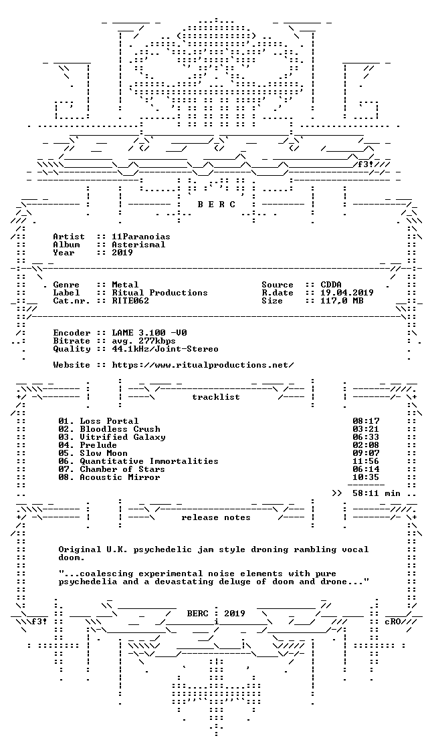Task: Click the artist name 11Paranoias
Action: click(141, 237)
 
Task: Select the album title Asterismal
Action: click(138, 245)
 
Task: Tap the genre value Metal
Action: click(125, 285)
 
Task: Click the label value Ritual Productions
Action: click(159, 293)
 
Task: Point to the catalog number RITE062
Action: click(130, 301)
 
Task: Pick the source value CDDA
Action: click(331, 285)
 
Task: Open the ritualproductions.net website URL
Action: click(203, 365)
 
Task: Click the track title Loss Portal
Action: click(109, 420)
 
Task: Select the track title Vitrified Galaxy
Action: click(122, 437)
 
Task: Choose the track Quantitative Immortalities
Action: click(149, 461)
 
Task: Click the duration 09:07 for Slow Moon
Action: click(366, 453)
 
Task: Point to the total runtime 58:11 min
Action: click(376, 493)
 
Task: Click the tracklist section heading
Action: click(215, 397)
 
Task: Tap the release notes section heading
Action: click(215, 517)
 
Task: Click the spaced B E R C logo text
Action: click(216, 204)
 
